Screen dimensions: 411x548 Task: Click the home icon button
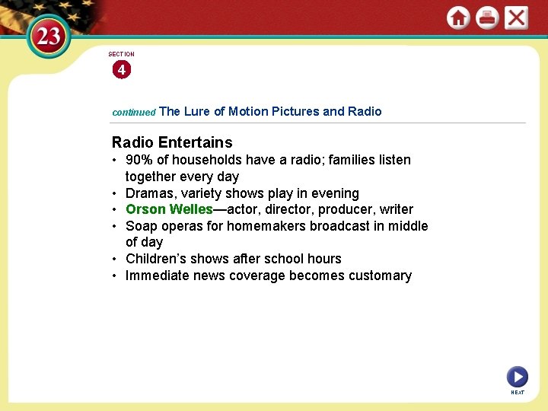(x=458, y=18)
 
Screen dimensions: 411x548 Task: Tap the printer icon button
(x=487, y=18)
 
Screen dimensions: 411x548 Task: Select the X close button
(x=516, y=18)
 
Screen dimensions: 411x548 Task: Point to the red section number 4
(x=121, y=70)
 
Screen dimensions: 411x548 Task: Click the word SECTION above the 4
(x=121, y=54)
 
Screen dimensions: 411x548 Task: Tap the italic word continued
(x=134, y=112)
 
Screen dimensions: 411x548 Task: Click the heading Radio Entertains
(x=172, y=142)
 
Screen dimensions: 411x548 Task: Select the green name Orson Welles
(x=168, y=209)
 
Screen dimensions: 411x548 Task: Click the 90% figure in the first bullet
(x=139, y=160)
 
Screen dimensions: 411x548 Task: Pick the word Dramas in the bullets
(x=151, y=193)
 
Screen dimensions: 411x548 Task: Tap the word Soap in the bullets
(x=141, y=226)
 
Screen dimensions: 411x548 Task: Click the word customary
(x=380, y=276)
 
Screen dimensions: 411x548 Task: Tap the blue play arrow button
(x=518, y=376)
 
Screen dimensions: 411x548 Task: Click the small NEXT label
(x=518, y=393)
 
